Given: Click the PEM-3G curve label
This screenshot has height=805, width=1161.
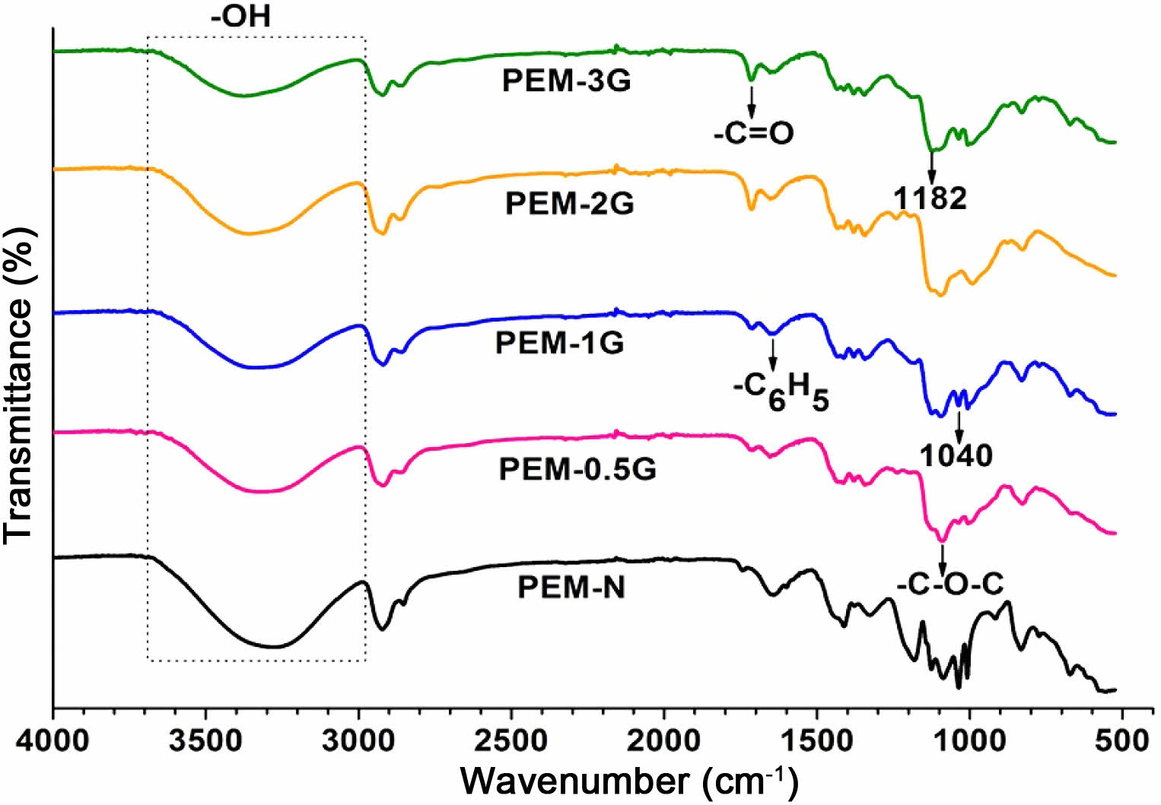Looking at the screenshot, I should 566,81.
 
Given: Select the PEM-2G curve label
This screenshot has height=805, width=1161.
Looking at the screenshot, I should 569,204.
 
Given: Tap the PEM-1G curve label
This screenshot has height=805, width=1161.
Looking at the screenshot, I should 559,343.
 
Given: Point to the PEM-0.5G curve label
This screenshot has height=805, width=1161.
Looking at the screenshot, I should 577,469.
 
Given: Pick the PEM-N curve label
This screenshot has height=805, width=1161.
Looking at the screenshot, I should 571,588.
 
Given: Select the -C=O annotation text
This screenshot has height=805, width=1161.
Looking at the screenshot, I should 753,134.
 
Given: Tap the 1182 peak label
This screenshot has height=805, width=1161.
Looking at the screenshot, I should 930,198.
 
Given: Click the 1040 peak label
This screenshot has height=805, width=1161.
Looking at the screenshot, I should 956,455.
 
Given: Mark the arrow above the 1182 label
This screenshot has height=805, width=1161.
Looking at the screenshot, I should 931,166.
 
